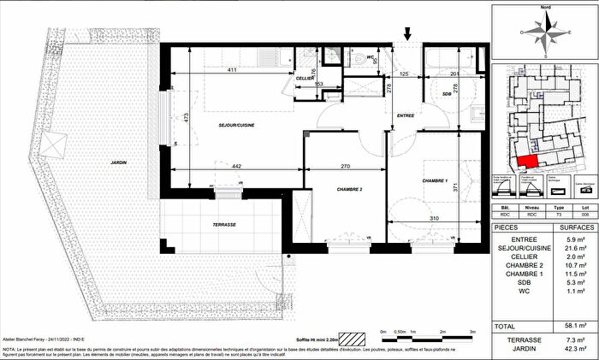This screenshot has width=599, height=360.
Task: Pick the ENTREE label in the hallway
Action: click(x=406, y=114)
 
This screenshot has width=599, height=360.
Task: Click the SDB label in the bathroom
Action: click(x=447, y=93)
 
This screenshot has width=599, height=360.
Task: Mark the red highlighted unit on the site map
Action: click(x=529, y=160)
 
